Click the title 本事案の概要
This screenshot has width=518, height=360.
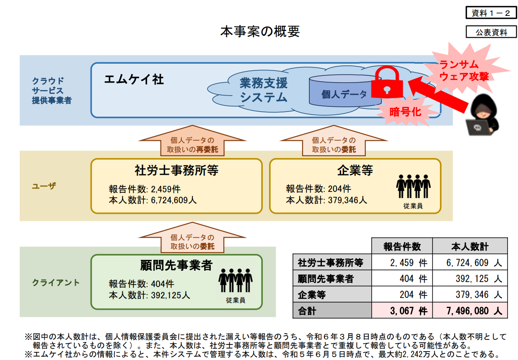[260, 31]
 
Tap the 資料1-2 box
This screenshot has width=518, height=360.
[491, 13]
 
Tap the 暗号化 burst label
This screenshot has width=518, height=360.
[405, 111]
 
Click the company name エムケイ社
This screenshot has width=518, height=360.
[134, 80]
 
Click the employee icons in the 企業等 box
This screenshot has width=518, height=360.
[413, 186]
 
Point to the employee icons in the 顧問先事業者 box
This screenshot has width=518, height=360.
[235, 280]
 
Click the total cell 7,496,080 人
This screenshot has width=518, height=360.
[470, 311]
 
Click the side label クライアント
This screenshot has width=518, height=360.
[56, 282]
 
